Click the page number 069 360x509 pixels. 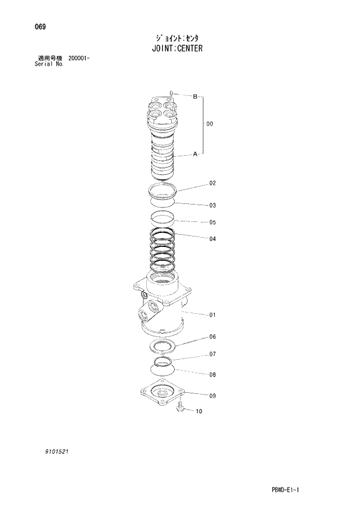tap(41, 27)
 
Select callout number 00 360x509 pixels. tap(210, 124)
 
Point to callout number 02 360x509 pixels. tap(213, 184)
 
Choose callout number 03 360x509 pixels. tap(213, 205)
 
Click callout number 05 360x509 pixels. tap(213, 222)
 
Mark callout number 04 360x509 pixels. tap(213, 238)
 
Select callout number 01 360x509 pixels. tap(213, 316)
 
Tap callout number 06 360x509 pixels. tap(213, 337)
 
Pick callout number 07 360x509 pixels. tap(213, 354)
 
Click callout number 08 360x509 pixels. tap(213, 375)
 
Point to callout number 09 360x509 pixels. tap(213, 396)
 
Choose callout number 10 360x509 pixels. tap(199, 412)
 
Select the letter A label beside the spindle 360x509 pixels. tap(195, 154)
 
